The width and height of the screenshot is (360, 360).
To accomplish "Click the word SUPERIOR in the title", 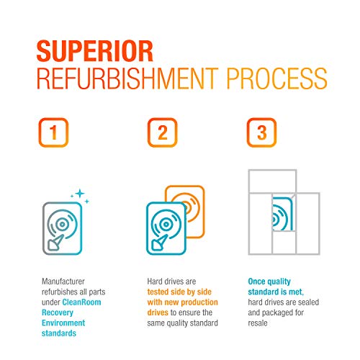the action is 95,51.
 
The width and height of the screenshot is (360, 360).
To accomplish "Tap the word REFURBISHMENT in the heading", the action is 127,78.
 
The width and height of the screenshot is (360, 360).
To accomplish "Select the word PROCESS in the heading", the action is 276,78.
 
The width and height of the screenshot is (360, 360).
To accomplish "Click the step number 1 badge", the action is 53,132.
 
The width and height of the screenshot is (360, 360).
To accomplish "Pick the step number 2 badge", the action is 162,132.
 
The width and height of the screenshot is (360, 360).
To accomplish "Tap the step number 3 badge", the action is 262,132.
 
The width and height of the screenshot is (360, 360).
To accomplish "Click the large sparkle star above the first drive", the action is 80,193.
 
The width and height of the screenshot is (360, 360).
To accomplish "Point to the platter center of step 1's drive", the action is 63,225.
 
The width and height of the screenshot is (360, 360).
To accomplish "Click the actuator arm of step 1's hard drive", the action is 56,243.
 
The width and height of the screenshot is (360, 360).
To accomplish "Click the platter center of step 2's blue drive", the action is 166,225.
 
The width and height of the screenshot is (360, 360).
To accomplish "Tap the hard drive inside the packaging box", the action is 282,214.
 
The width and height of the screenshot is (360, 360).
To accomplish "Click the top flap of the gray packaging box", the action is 272,181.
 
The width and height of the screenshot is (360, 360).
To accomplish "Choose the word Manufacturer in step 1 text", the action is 63,282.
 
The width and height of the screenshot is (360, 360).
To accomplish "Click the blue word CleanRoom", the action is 81,302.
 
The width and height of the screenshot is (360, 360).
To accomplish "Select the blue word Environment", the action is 63,323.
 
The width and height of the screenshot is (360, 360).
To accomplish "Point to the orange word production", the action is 198,302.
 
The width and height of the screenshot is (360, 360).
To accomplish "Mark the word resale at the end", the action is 258,323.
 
